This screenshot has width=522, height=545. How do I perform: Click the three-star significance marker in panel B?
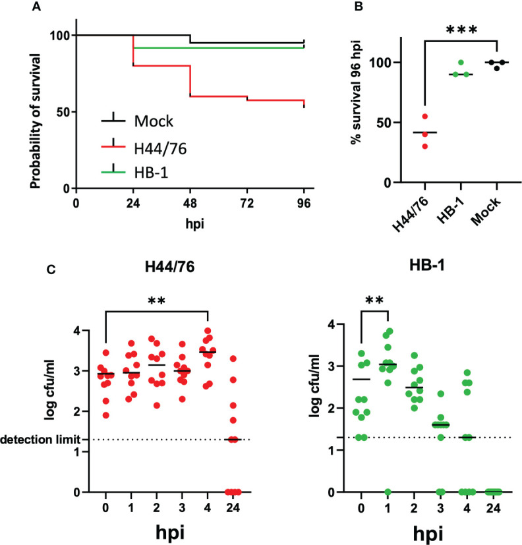pyautogui.click(x=459, y=31)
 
